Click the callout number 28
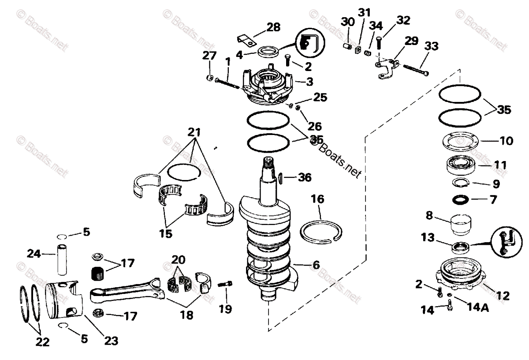[x=273, y=27]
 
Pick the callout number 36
[x=304, y=177]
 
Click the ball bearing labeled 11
[x=460, y=168]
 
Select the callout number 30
[x=348, y=21]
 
